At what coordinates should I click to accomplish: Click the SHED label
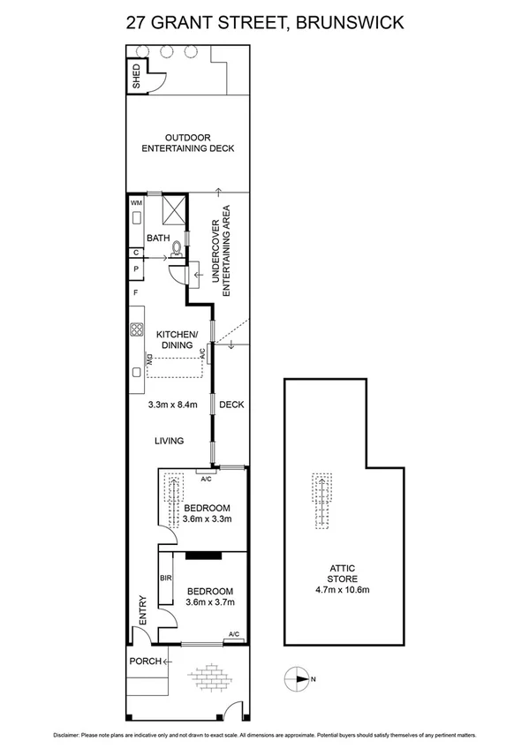point(136,78)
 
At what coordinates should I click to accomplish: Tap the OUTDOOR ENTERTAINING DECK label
point(188,143)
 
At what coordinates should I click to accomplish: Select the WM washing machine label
point(136,202)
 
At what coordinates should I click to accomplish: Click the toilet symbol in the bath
point(177,249)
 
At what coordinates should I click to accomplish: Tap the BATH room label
point(158,238)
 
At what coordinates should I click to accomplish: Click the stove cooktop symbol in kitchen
point(138,331)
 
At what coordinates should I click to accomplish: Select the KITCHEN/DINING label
point(178,340)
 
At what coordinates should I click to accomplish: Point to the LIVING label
point(169,441)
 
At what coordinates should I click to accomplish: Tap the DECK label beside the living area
point(231,405)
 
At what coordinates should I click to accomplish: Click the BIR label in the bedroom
point(165,579)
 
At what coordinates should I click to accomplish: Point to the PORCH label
point(144,661)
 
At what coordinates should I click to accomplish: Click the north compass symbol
point(295,678)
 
